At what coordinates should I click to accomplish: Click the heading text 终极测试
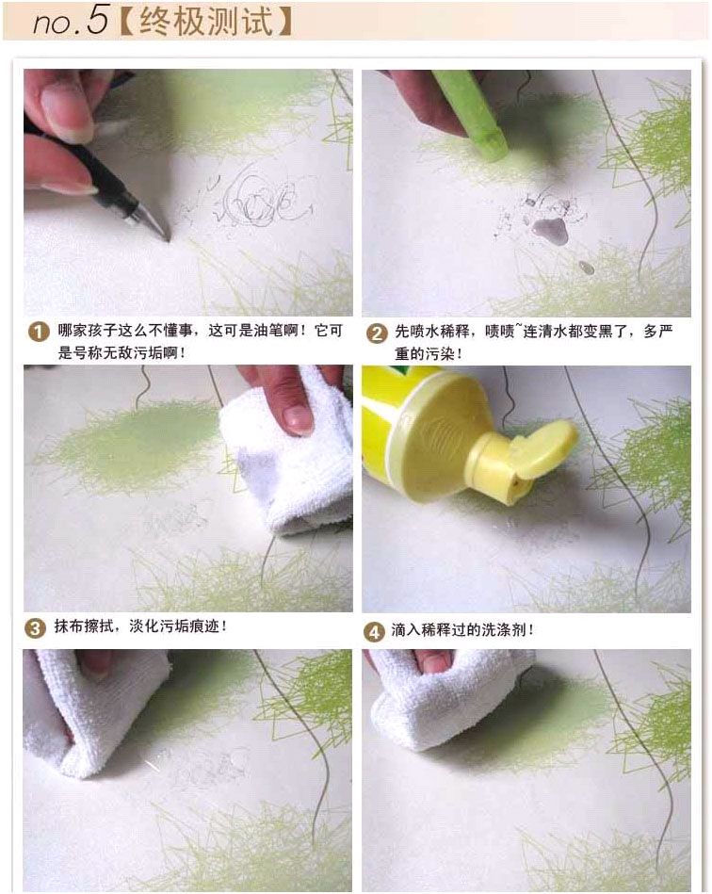tap(206, 21)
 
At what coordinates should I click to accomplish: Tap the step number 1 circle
tap(39, 332)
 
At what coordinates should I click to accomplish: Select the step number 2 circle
tap(377, 333)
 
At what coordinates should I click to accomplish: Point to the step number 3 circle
tap(35, 627)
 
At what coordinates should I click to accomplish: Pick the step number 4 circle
tap(373, 632)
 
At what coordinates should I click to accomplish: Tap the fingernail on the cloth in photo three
tap(298, 418)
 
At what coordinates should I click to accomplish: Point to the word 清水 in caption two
tap(553, 332)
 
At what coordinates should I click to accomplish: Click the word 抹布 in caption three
tap(69, 626)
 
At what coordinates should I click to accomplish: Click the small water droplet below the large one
tap(586, 268)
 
